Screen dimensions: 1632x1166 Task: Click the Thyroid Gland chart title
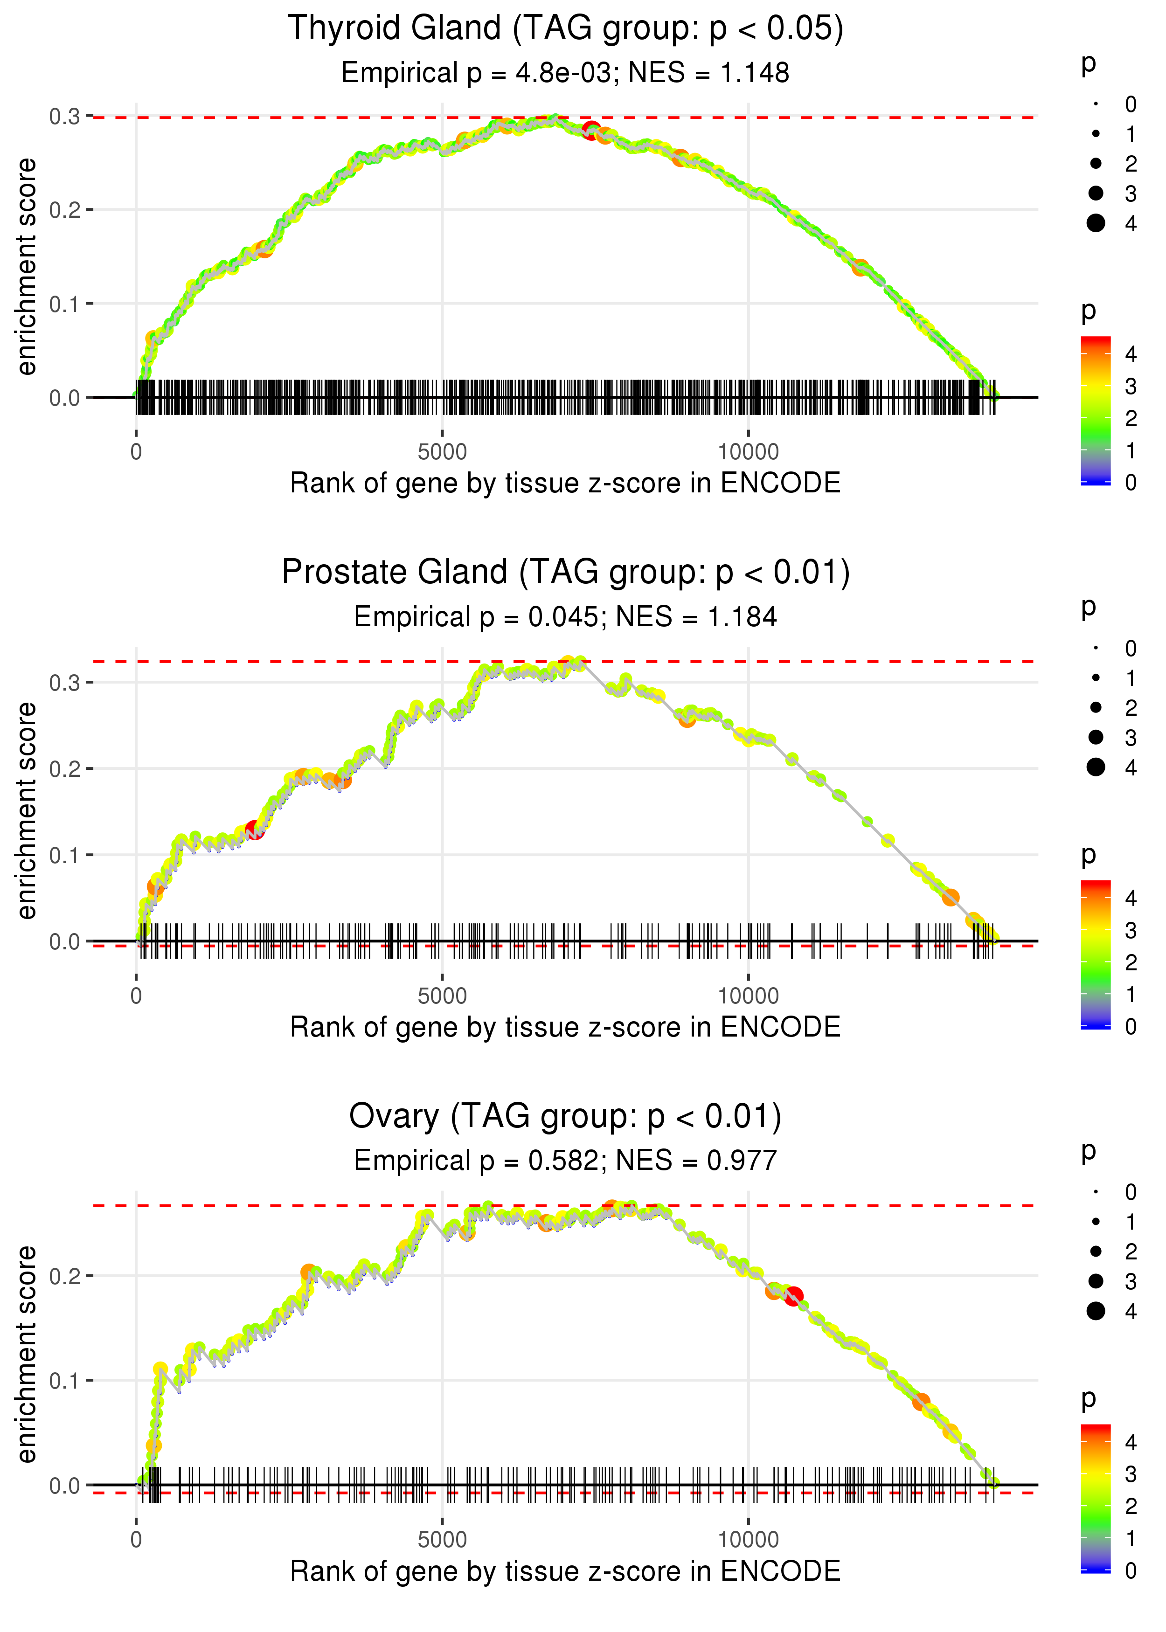tap(565, 29)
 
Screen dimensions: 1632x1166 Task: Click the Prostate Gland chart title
tap(565, 573)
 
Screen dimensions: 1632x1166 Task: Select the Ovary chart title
tap(565, 1117)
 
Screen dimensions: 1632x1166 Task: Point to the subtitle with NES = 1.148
tap(565, 73)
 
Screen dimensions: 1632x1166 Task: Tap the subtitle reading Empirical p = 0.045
tap(565, 617)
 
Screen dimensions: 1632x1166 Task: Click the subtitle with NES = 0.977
tap(565, 1161)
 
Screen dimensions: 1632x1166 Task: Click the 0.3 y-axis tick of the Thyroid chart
tap(65, 116)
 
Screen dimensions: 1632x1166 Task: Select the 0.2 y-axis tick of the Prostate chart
tap(65, 768)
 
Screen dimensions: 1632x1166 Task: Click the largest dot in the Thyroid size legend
tap(1096, 223)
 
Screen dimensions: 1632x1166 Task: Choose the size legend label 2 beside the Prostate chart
tap(1131, 708)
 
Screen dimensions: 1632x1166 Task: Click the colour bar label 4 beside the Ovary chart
tap(1131, 1441)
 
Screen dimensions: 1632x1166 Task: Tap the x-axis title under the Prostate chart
tap(565, 1027)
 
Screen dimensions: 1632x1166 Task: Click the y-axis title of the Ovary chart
tap(27, 1354)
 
